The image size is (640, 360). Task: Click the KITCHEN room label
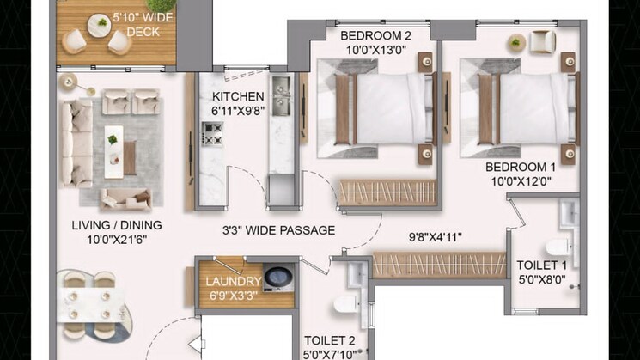[x=238, y=97]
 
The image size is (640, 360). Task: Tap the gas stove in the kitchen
[x=212, y=134]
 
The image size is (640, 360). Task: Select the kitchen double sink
[x=281, y=95]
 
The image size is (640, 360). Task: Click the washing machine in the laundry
[x=278, y=278]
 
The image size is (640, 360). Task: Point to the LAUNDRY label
[x=233, y=281]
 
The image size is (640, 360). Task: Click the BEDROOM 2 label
[x=376, y=36]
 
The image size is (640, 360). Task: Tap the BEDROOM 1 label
[x=521, y=167]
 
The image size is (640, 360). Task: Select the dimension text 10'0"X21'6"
[x=117, y=240]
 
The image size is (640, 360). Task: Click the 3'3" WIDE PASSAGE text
[x=279, y=230]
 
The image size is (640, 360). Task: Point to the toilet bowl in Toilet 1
[x=558, y=247]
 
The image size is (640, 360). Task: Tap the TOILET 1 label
[x=541, y=265]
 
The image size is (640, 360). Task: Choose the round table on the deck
[x=99, y=25]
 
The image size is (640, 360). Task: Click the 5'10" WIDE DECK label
[x=143, y=25]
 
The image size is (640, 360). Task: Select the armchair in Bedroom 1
[x=542, y=42]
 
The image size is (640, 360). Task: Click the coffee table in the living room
[x=114, y=151]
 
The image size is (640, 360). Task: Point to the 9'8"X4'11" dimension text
[x=435, y=237]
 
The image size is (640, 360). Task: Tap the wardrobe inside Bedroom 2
[x=387, y=192]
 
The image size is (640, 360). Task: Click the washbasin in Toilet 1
[x=569, y=213]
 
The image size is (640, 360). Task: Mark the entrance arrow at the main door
[x=196, y=344]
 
